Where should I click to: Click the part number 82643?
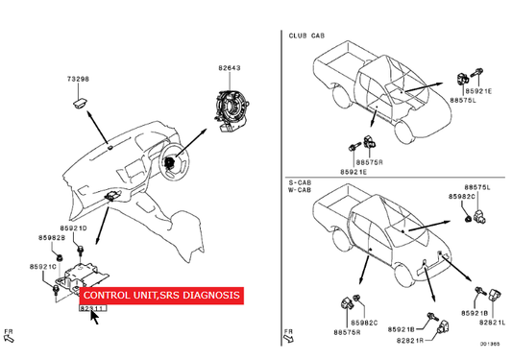[230, 68]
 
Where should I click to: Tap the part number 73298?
[78, 79]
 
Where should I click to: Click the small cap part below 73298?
[79, 105]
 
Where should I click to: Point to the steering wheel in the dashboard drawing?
[175, 160]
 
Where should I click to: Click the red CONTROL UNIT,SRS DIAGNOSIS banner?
[161, 296]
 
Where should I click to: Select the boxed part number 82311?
[93, 308]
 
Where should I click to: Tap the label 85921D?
[73, 228]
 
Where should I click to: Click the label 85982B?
[52, 238]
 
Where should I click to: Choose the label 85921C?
[43, 267]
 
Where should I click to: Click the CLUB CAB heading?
[306, 36]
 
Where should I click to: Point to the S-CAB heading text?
[300, 182]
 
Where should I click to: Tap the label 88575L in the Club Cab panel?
[463, 100]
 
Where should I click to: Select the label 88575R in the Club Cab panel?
[369, 162]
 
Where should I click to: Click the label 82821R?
[410, 341]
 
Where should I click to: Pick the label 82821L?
[493, 323]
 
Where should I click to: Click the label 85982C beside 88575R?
[364, 323]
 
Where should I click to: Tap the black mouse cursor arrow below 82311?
[94, 318]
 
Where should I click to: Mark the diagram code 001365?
[490, 344]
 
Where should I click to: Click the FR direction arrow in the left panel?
[10, 336]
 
